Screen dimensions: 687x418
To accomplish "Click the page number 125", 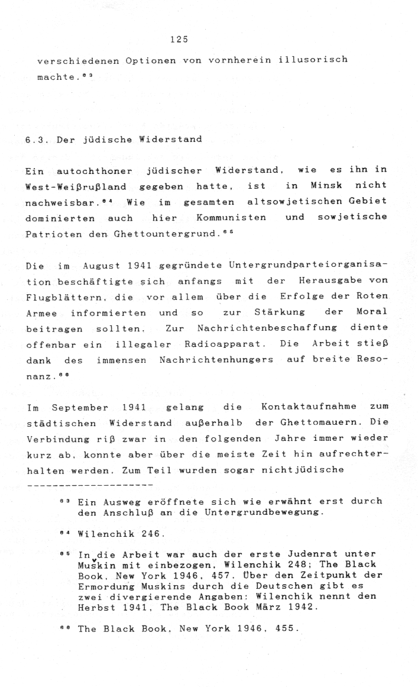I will coord(178,40).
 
